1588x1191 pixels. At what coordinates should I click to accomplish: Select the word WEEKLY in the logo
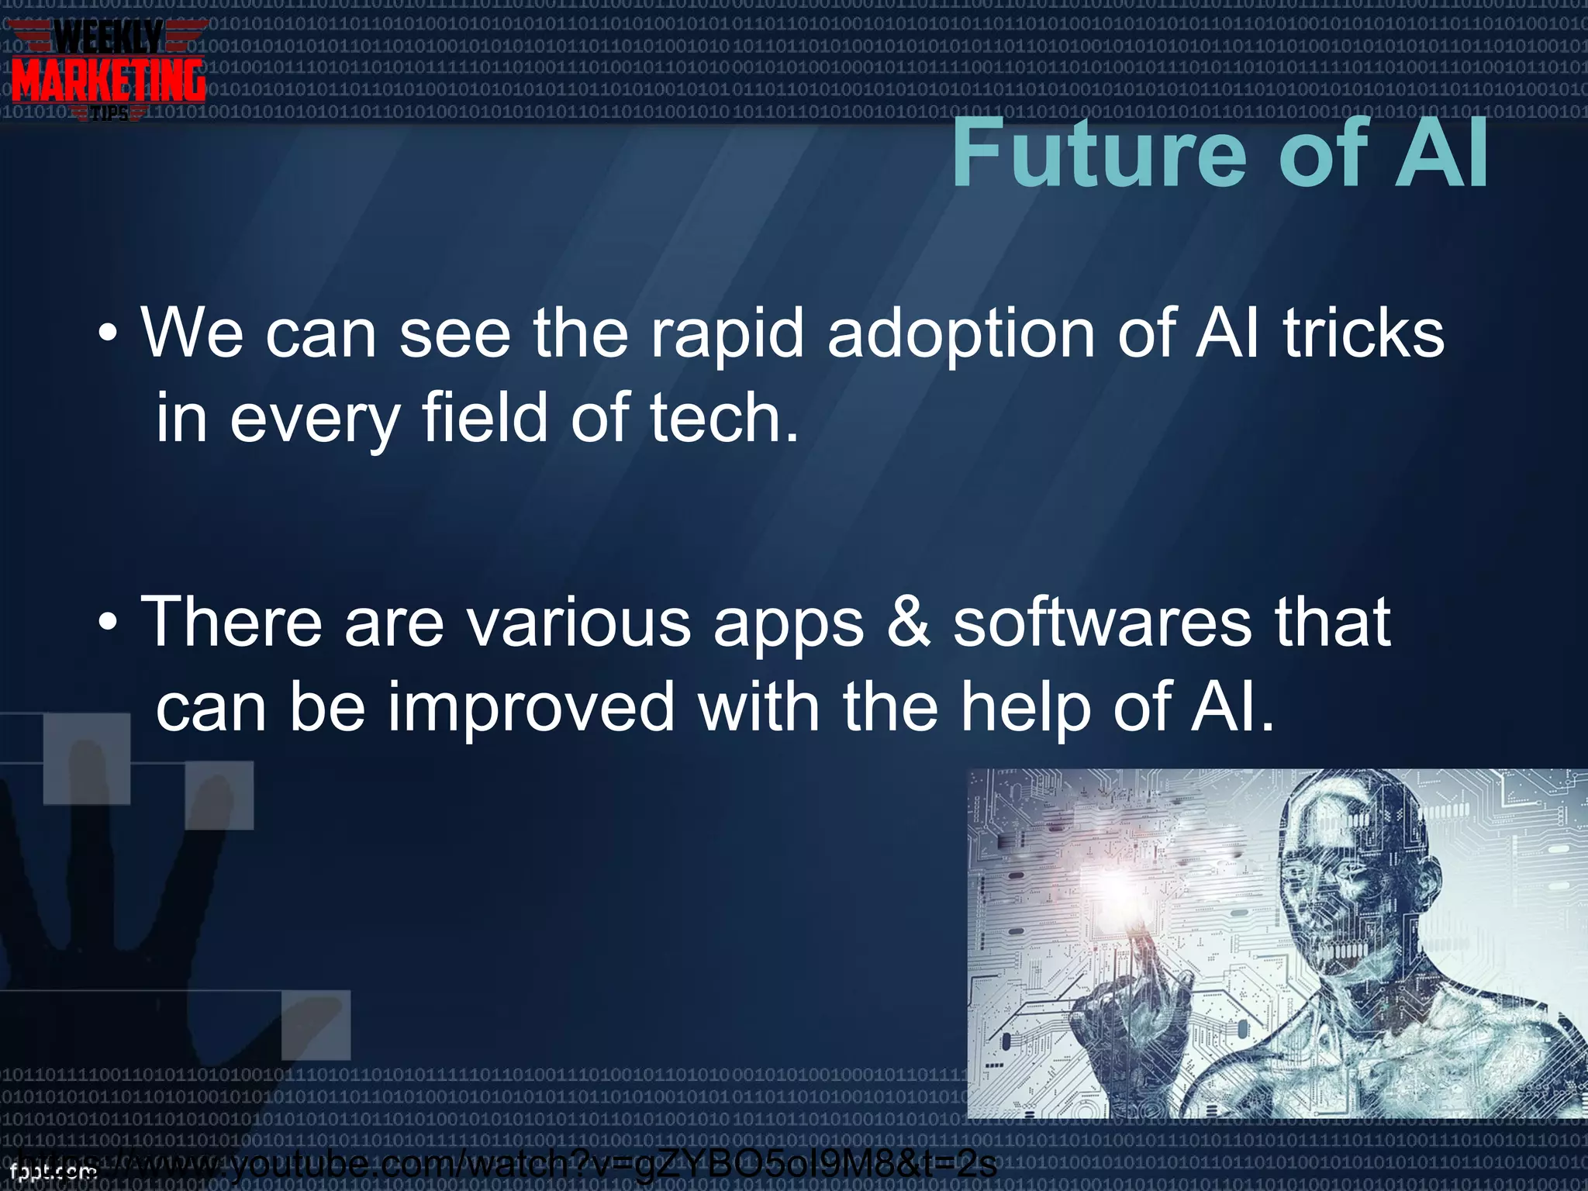[109, 36]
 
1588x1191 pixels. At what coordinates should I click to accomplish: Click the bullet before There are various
[109, 623]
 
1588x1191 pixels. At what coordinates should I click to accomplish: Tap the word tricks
[1364, 333]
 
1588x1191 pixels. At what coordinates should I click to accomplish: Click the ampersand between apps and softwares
[908, 623]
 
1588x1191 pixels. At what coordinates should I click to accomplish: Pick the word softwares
[1102, 623]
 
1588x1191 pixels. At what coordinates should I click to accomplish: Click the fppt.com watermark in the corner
[53, 1172]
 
